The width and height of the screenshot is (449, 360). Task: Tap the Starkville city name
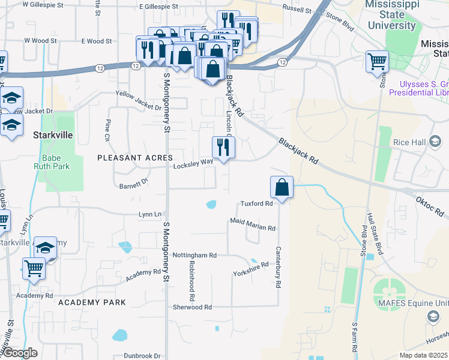[x=53, y=135]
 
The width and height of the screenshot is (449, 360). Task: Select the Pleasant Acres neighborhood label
[x=131, y=157]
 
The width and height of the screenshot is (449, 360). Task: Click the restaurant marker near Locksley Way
[x=223, y=148]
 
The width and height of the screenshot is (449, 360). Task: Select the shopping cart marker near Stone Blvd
[x=377, y=62]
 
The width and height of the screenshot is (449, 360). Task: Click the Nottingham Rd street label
[x=194, y=255]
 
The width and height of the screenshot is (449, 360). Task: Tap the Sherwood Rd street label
[x=191, y=307]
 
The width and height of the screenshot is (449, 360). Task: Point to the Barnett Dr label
[x=133, y=183]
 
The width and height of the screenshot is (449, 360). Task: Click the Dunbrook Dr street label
[x=142, y=355]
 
